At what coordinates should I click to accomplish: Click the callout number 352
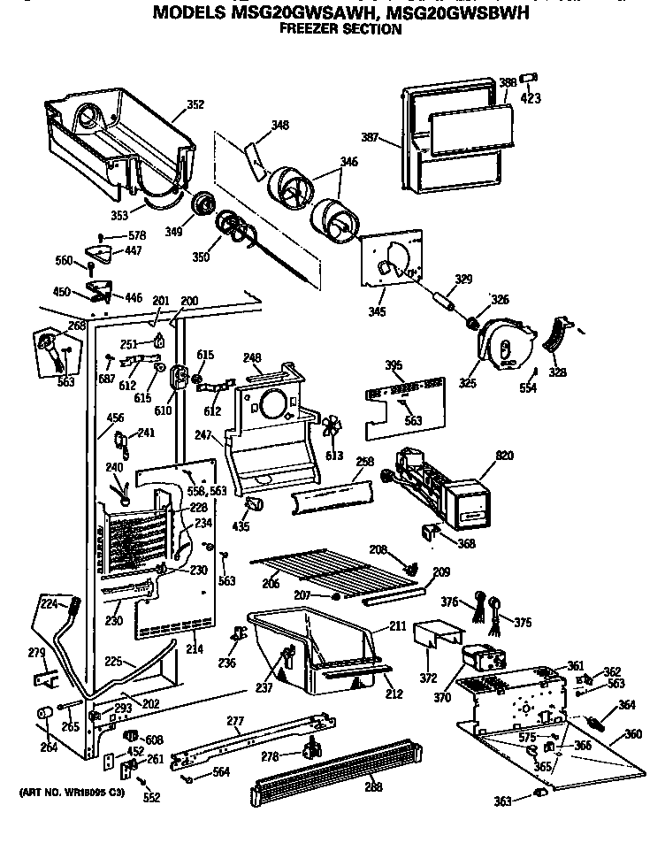[195, 105]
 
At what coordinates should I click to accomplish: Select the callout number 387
[371, 137]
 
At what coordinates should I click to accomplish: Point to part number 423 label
[531, 98]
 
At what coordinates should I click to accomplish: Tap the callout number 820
[504, 455]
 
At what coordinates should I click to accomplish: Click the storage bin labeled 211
[310, 650]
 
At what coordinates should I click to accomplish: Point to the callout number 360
[632, 733]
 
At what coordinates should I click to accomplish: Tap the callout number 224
[48, 605]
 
